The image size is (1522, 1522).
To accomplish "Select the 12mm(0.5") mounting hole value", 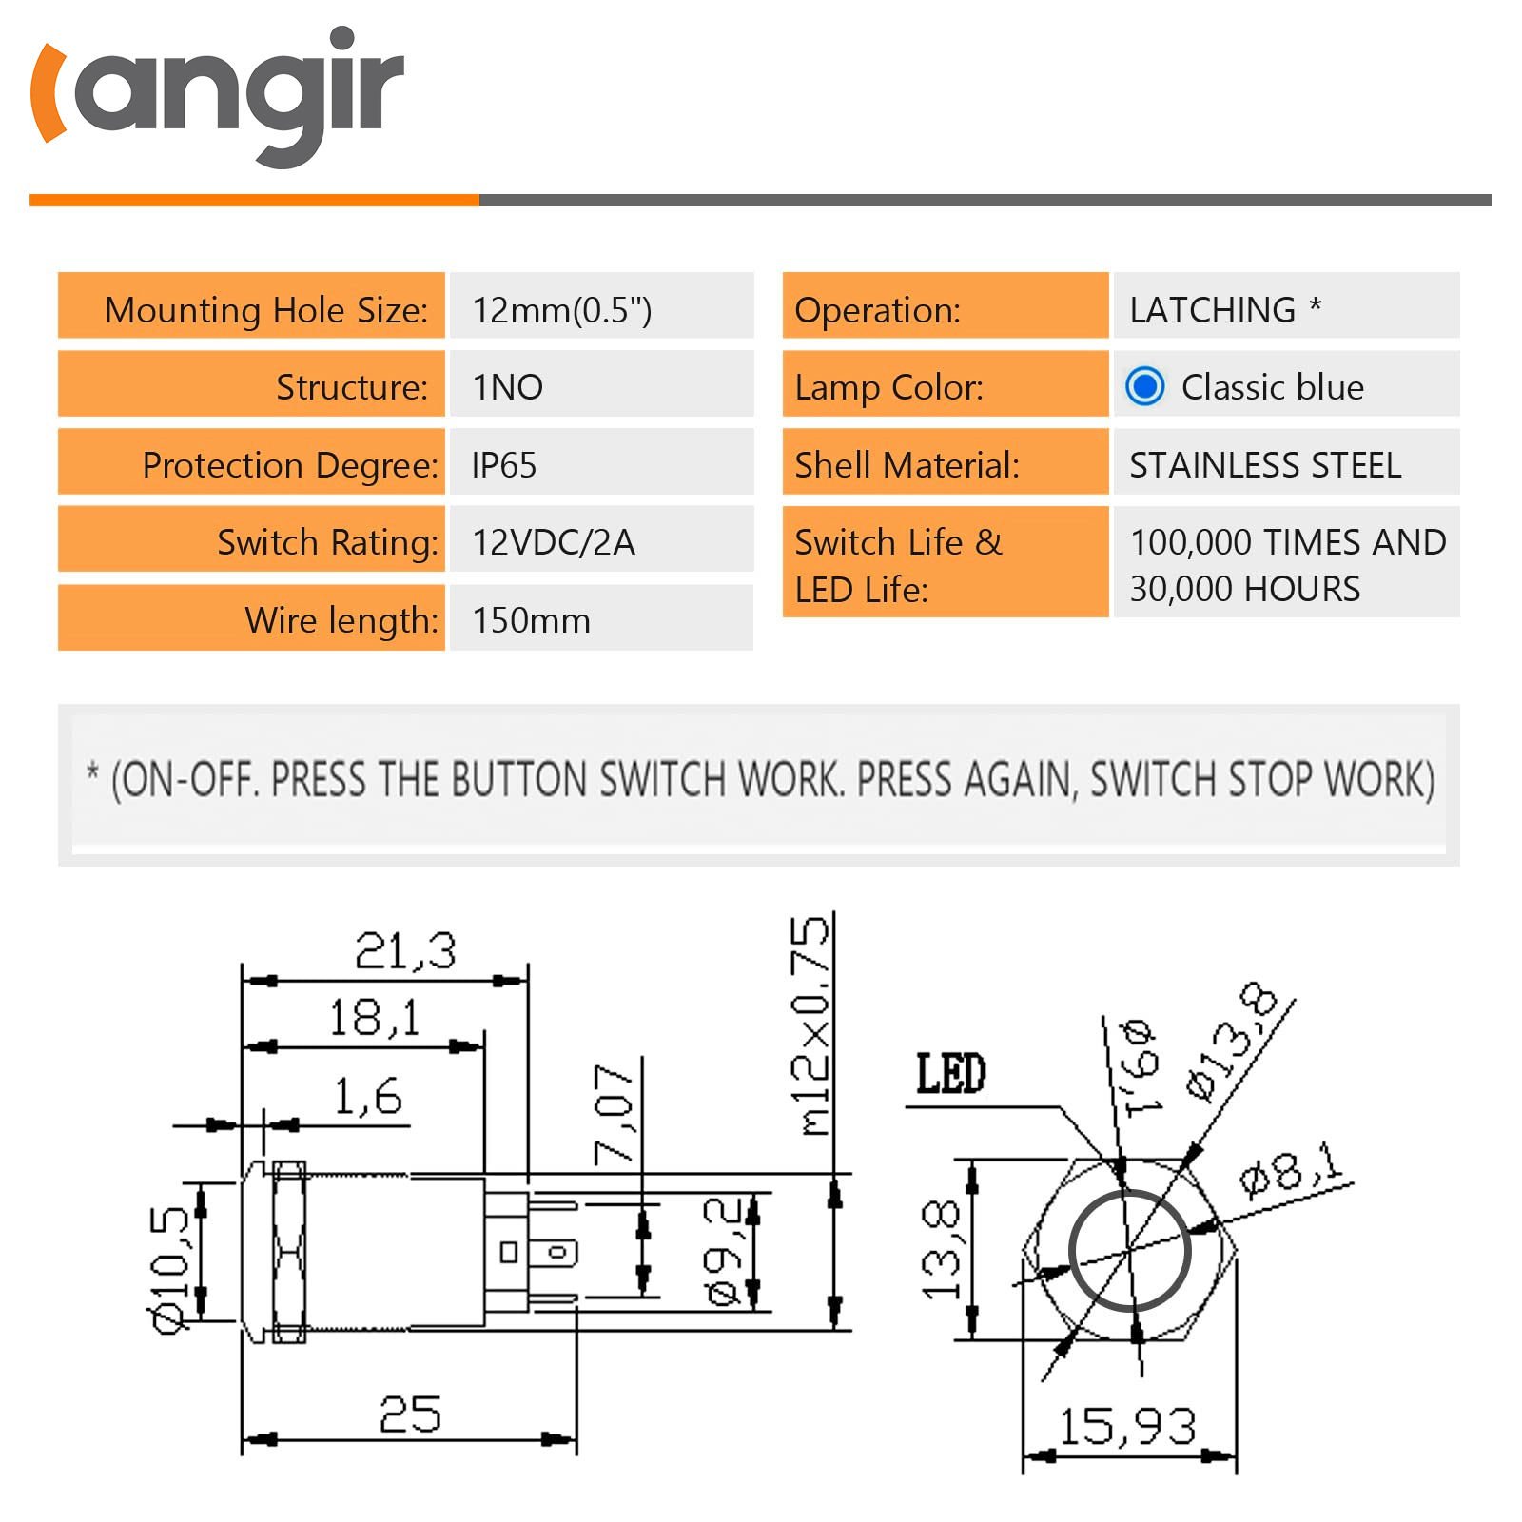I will coord(561,310).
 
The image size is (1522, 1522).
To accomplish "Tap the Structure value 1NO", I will coord(507,387).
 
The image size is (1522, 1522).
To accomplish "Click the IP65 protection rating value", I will coord(504,465).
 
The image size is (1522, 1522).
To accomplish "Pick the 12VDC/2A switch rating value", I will coord(553,542).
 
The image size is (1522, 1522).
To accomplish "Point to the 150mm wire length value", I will coord(531,620).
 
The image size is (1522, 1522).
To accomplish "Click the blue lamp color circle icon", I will coord(1144,386).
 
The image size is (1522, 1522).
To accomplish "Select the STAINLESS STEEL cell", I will coord(1265,465).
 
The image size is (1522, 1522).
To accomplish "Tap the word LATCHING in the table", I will coord(1212,310).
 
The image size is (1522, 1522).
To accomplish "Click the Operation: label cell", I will coord(945,310).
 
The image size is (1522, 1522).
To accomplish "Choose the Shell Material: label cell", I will coord(945,465).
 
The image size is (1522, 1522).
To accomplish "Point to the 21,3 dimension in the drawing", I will coord(405,950).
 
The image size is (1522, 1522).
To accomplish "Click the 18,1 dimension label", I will coord(374,1018).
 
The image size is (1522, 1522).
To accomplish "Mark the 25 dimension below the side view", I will coord(410,1415).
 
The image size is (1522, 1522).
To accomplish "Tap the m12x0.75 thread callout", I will coord(813,1027).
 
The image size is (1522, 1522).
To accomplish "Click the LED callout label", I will coord(950,1074).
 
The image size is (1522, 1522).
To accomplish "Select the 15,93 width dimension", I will coord(1127,1427).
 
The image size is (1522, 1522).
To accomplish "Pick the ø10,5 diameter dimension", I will coord(171,1270).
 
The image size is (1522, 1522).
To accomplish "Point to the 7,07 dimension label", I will coord(614,1113).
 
